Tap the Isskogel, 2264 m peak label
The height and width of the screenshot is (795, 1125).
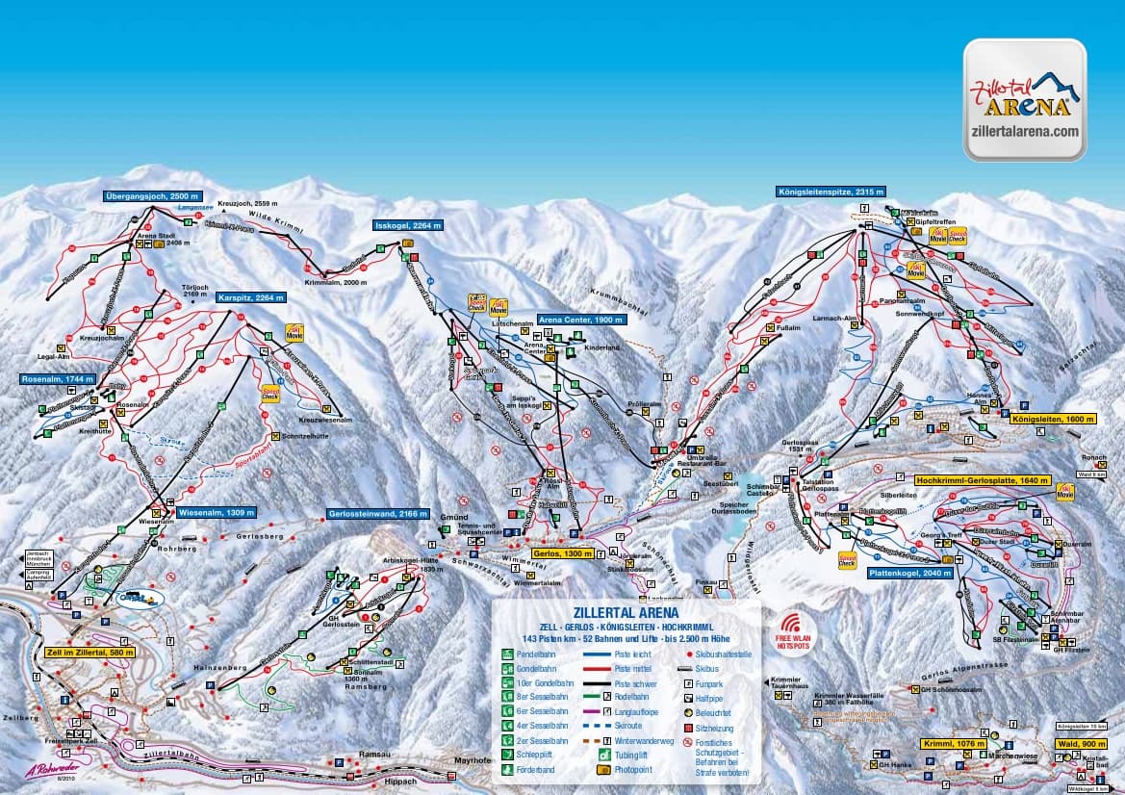(408, 225)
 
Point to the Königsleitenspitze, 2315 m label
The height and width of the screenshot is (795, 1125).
(831, 192)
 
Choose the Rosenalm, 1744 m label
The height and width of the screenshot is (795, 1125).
(58, 379)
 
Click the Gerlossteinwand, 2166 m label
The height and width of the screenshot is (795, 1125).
(376, 514)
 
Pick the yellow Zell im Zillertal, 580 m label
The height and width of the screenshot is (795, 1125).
(90, 652)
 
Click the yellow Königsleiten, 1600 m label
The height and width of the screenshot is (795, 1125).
(1053, 419)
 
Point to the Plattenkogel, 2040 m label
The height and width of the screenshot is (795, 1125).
(909, 573)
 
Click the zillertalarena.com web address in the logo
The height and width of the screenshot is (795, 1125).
(1025, 132)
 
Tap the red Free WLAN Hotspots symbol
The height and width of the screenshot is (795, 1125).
(794, 627)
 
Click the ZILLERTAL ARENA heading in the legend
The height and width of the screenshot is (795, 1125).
(626, 611)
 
